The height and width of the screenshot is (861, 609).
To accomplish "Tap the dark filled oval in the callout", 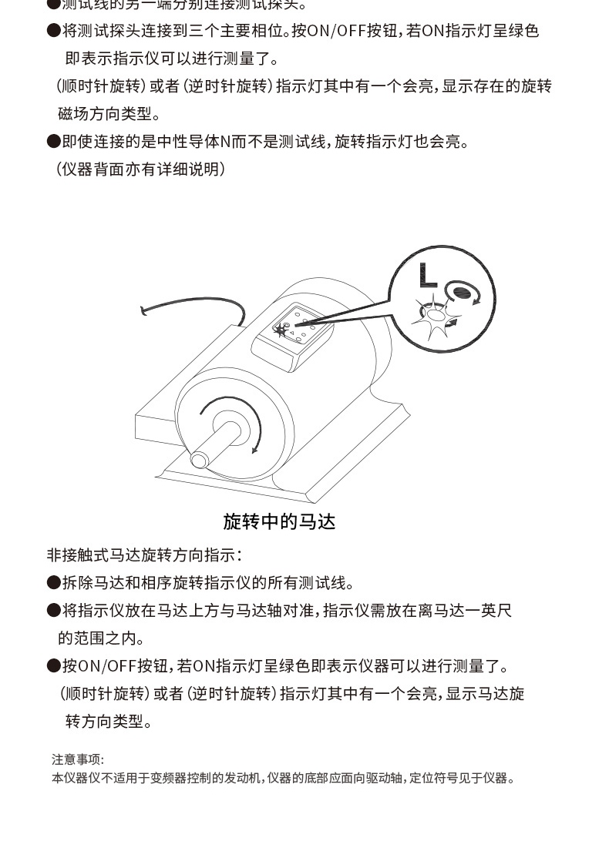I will [463, 291].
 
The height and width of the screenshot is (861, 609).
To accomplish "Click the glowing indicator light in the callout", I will [436, 314].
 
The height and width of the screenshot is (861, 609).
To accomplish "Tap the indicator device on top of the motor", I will [298, 332].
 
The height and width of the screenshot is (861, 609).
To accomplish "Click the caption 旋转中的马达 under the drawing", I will [279, 521].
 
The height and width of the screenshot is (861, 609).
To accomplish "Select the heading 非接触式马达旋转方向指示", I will [144, 554].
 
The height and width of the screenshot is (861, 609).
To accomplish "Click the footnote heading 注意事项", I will [77, 759].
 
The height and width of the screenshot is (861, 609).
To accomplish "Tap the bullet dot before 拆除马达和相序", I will [53, 583].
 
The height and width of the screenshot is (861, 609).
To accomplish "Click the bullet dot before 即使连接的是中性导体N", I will [53, 142].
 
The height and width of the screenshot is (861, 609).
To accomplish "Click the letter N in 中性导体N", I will [225, 142].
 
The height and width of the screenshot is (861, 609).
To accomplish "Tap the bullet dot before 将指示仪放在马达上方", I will [53, 611].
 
